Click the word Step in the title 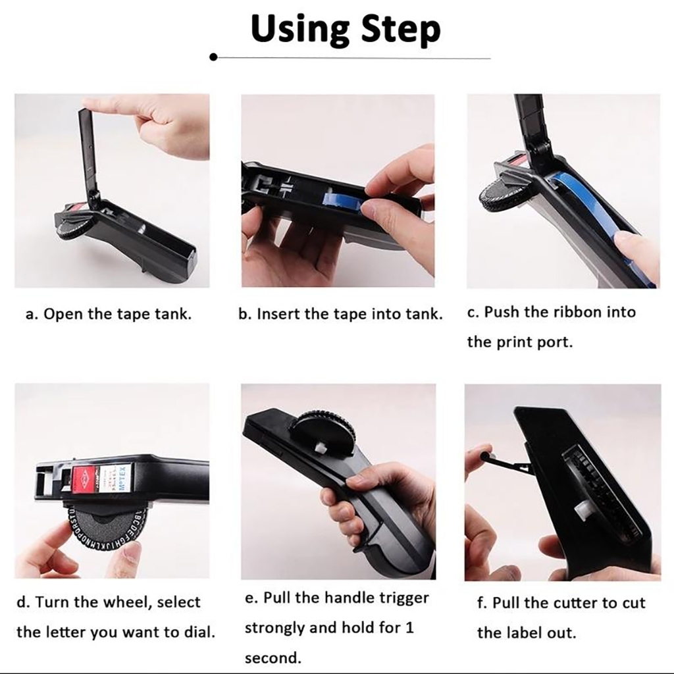click(401, 30)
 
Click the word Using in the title click(300, 30)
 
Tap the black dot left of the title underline click(213, 57)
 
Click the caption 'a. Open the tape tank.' click(109, 314)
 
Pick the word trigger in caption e click(404, 598)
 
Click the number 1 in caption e click(409, 628)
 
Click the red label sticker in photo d click(83, 479)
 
